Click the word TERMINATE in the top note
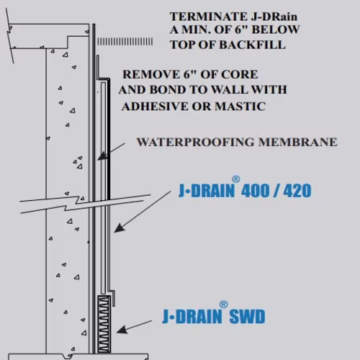209,17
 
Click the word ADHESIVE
155,107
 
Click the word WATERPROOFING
195,142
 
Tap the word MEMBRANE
297,142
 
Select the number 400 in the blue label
256,191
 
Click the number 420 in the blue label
297,191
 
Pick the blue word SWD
247,317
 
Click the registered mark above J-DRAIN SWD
223,305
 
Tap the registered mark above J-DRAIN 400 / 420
236,179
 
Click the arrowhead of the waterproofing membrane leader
102,156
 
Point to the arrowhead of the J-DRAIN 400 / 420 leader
119,228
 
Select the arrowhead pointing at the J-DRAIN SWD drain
122,330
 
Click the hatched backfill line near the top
125,42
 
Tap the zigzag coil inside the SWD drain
104,325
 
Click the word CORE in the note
239,74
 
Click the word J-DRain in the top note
274,17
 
